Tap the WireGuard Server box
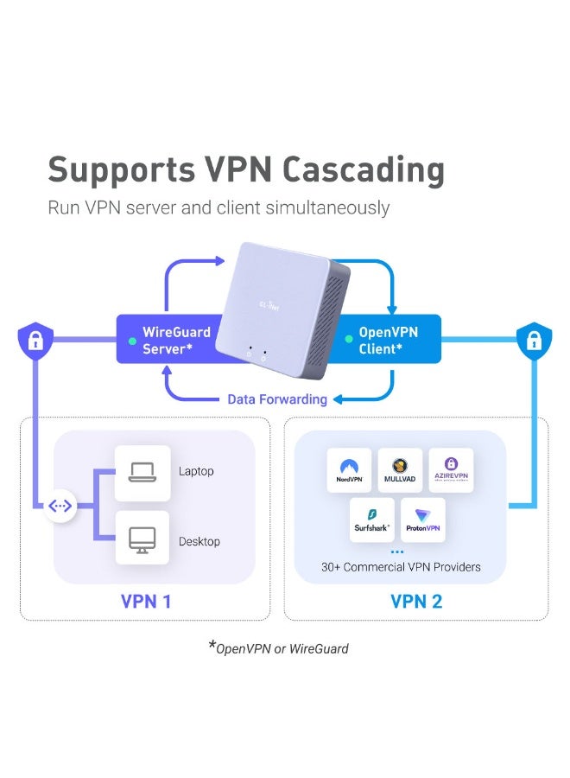pos(164,340)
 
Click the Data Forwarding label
pos(277,399)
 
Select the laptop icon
pos(141,471)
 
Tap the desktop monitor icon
pos(141,540)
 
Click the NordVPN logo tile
pos(349,470)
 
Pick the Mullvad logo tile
pos(400,470)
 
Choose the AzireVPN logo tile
pos(451,470)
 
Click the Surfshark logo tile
pos(372,520)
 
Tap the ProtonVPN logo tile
pos(423,520)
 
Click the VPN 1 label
pos(145,601)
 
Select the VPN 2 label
pos(416,601)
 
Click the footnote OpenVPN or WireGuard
pos(282,647)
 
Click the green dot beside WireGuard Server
pos(131,341)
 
